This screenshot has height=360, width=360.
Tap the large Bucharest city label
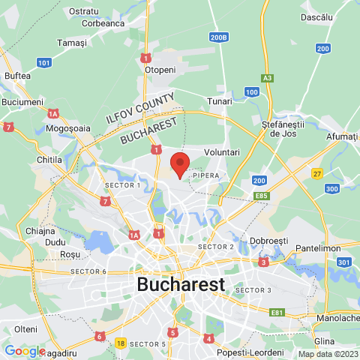[181, 285]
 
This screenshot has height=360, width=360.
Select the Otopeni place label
[160, 69]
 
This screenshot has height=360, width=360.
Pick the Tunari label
[220, 101]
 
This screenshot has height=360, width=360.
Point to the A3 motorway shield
[268, 78]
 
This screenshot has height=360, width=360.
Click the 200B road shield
[219, 37]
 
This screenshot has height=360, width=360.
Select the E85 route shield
[262, 196]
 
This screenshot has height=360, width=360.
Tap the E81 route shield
[277, 312]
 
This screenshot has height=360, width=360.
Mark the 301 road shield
[344, 262]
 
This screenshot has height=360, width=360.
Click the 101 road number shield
[44, 62]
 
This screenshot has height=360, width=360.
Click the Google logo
[25, 350]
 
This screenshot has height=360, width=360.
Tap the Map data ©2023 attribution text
[327, 354]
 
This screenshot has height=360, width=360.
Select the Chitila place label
[50, 160]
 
